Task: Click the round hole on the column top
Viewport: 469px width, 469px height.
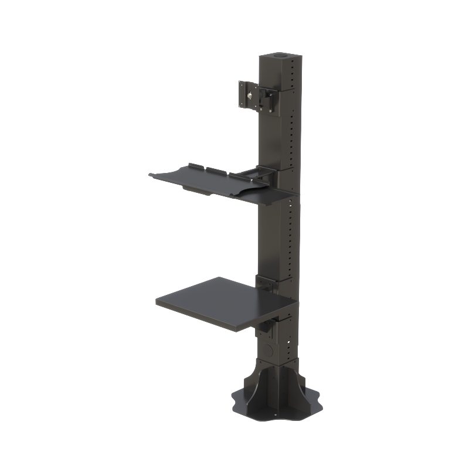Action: (x=280, y=57)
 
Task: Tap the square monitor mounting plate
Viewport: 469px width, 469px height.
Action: (x=248, y=94)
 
